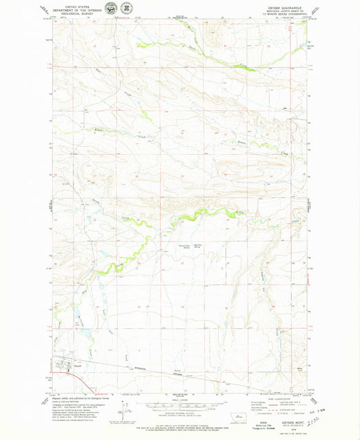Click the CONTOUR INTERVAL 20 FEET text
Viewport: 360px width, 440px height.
180,414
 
